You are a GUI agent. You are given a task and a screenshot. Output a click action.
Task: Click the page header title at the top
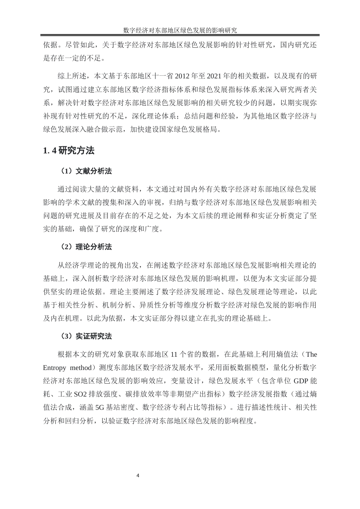pos(180,30)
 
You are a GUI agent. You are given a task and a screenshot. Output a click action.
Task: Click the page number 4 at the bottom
pos(138,476)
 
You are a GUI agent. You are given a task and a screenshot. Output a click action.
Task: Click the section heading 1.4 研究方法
pos(69,151)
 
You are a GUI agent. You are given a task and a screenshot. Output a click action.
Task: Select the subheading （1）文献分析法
pos(85,171)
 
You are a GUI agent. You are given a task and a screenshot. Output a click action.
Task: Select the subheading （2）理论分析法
pos(85,247)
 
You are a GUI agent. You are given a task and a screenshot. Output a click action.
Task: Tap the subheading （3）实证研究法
pos(85,336)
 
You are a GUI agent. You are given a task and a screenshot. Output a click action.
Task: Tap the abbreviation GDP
pos(302,381)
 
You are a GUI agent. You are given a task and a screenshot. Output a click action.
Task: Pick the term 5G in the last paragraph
pos(99,408)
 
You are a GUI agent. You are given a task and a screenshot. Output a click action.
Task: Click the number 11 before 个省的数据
pos(175,354)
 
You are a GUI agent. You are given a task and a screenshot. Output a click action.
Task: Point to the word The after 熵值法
pos(311,354)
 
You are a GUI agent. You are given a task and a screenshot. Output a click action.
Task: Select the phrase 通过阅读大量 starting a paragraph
pos(79,189)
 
